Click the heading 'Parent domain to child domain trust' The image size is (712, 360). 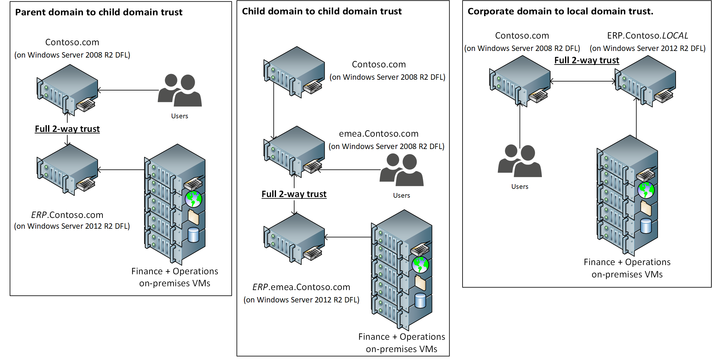[x=99, y=12]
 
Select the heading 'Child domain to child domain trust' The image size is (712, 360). [x=322, y=11]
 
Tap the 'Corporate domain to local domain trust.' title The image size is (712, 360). [x=560, y=11]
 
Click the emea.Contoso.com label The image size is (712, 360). [x=378, y=133]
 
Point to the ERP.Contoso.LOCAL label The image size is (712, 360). [x=647, y=35]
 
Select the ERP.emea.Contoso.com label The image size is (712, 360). [x=301, y=287]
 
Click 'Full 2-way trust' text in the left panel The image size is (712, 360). [x=67, y=129]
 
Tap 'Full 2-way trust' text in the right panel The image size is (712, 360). [x=586, y=60]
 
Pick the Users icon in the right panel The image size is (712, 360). [x=519, y=161]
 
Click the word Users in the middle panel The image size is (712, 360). [x=401, y=196]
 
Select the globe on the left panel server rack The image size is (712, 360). [x=193, y=199]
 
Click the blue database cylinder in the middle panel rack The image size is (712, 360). [x=420, y=301]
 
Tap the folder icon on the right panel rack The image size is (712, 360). [x=646, y=208]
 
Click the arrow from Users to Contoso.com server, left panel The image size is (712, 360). [x=128, y=90]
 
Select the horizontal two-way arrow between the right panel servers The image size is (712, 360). [x=582, y=81]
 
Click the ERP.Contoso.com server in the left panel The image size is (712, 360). [x=67, y=169]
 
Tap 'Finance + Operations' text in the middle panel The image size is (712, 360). [x=401, y=337]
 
